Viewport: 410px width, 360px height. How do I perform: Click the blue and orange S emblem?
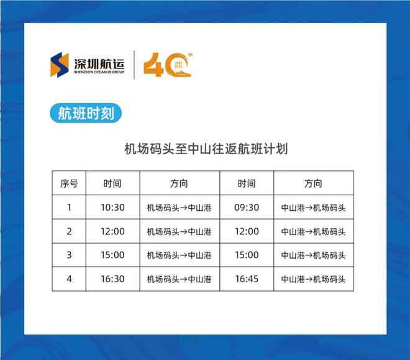60,64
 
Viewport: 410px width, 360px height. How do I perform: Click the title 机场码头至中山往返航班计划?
204,149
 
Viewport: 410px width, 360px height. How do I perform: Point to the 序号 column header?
70,183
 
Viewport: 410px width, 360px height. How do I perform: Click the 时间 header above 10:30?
113,183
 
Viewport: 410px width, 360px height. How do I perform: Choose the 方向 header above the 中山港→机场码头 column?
313,183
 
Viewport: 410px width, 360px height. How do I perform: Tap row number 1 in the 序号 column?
70,208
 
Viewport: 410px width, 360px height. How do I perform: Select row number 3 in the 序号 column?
70,256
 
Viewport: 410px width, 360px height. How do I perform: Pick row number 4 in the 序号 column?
70,279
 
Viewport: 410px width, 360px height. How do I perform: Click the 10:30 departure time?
113,208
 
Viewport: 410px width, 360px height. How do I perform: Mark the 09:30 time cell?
247,208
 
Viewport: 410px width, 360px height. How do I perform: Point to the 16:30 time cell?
113,279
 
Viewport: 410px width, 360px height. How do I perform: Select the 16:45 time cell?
247,279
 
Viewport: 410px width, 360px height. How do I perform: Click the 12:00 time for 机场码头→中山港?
113,231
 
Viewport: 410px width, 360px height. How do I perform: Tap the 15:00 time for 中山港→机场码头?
247,256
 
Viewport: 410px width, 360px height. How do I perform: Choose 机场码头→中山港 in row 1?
180,208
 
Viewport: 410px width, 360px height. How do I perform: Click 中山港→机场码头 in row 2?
313,231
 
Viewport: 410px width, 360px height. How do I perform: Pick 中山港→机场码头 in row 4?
313,279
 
